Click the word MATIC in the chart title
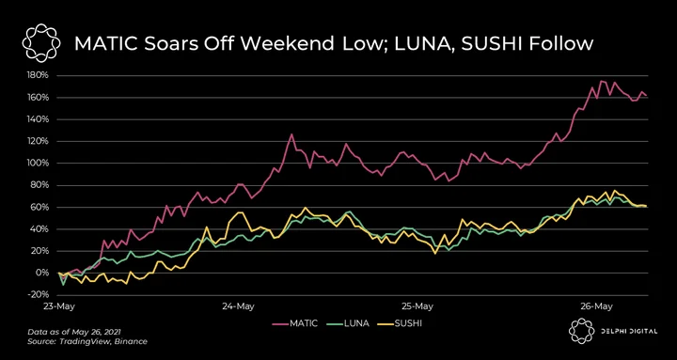point(105,44)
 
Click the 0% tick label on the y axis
point(43,274)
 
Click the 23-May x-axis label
point(58,306)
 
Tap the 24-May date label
point(238,306)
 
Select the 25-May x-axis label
point(417,306)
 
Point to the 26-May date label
point(596,306)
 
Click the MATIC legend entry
point(295,323)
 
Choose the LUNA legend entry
point(348,323)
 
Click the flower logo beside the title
point(39,43)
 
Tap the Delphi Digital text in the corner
point(629,331)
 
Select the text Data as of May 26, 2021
point(74,333)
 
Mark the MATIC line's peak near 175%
point(601,81)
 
